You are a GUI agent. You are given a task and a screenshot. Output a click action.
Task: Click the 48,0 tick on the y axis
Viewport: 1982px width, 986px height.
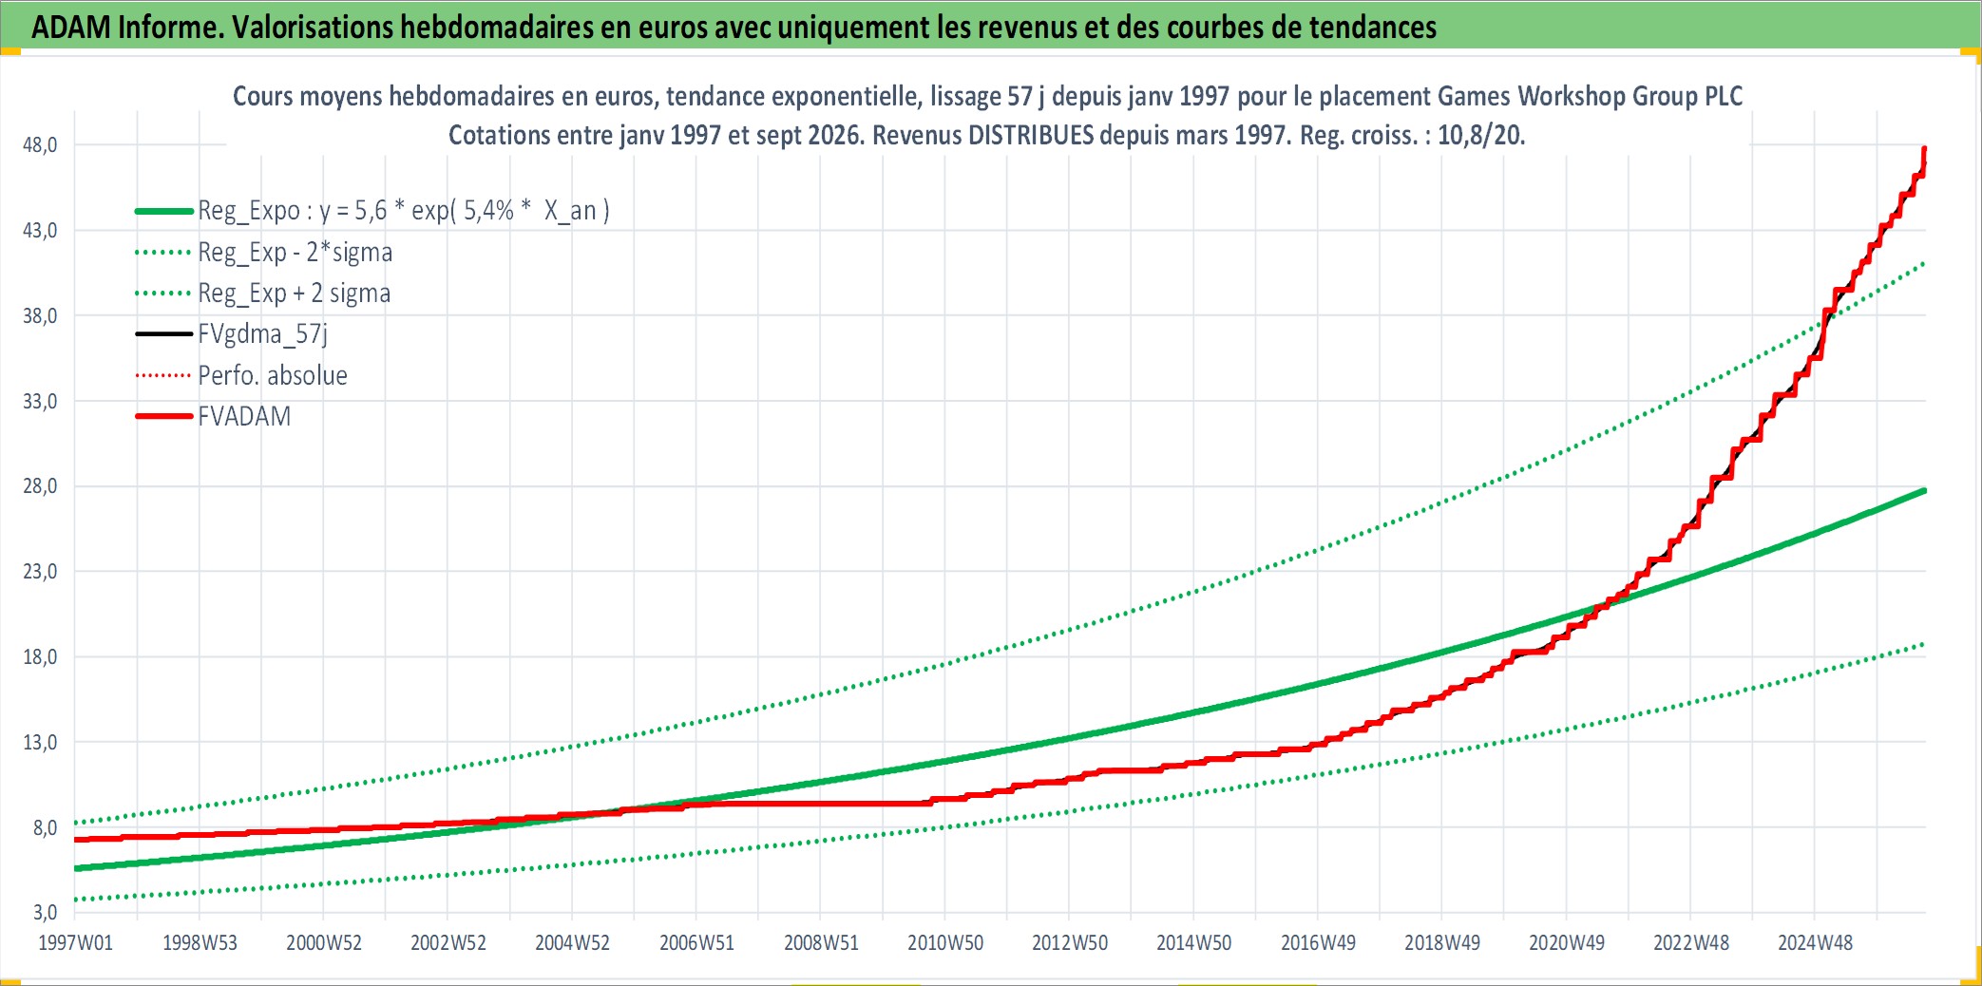click(40, 145)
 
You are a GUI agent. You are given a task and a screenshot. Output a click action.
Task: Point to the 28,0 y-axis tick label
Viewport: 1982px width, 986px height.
click(40, 486)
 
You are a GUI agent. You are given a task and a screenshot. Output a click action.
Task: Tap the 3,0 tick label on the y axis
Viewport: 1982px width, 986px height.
click(45, 913)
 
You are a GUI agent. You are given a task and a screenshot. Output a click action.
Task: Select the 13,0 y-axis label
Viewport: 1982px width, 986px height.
click(40, 743)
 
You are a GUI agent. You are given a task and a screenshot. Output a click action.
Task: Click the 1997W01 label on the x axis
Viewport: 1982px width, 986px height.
click(75, 943)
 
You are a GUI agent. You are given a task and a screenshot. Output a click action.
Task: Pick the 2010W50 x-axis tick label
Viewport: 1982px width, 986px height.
click(945, 943)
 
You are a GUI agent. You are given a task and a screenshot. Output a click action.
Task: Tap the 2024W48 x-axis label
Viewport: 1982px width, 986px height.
click(1815, 943)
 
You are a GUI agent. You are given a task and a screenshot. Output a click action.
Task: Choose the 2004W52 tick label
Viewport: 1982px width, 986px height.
click(572, 943)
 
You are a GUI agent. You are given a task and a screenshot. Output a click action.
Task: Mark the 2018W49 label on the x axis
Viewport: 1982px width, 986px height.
click(1442, 943)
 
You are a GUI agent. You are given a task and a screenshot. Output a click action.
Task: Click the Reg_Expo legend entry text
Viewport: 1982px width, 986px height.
click(404, 211)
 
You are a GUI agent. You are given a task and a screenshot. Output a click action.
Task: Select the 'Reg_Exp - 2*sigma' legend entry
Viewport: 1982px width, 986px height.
click(295, 253)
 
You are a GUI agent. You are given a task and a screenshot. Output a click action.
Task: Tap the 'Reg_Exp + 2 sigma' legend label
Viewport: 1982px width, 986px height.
click(294, 294)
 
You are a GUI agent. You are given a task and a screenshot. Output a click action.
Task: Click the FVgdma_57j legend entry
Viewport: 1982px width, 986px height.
click(262, 334)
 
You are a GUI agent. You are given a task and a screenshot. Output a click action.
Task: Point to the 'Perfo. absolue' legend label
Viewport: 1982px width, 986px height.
click(273, 376)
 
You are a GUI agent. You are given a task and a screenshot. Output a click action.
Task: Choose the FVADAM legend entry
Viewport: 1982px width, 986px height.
click(244, 417)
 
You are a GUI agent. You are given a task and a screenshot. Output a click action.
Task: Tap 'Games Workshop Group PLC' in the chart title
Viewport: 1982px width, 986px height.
click(1590, 96)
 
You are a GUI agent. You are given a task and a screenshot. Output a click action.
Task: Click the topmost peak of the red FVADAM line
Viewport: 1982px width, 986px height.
click(1924, 148)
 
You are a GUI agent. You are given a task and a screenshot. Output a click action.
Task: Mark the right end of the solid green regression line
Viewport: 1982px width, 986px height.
click(1924, 490)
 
